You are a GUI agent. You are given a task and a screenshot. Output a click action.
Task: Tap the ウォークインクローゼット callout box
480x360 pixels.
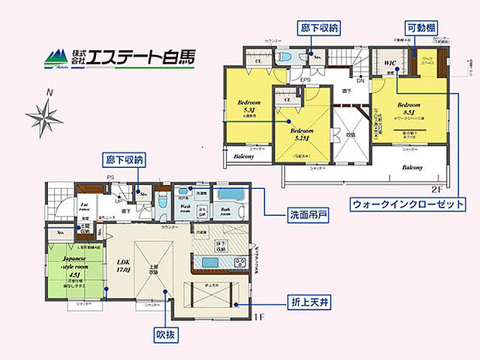tap(409, 204)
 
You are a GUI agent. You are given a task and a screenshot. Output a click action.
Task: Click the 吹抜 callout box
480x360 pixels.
tap(166, 337)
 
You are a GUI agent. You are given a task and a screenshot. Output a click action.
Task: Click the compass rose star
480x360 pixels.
tap(44, 118)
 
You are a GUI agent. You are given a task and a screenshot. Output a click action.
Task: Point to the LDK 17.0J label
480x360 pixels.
tap(123, 266)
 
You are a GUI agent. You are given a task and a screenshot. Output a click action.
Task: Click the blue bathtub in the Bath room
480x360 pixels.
tap(230, 194)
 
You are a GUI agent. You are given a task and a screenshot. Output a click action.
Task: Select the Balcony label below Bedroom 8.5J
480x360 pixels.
tap(411, 167)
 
